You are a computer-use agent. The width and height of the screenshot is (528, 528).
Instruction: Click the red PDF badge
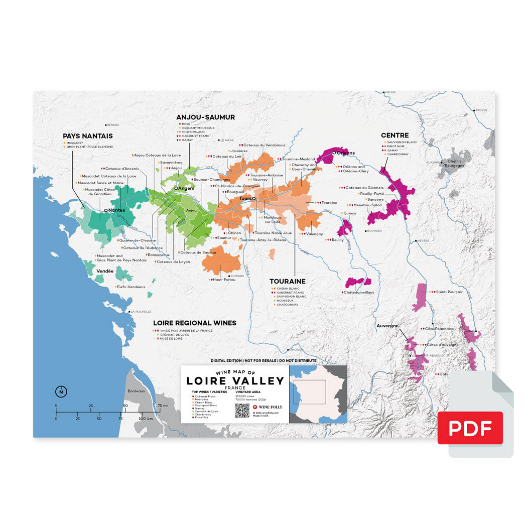[470, 428]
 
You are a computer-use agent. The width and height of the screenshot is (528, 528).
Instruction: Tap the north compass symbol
[60, 391]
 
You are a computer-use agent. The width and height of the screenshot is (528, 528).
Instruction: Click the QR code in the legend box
[242, 410]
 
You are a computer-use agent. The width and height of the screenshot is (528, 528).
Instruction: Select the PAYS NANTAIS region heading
[87, 136]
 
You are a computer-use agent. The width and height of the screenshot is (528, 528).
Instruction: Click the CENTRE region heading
[394, 135]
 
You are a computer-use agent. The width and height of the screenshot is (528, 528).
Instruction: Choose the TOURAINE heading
[287, 282]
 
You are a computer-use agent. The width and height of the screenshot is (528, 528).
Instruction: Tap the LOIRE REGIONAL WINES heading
[194, 323]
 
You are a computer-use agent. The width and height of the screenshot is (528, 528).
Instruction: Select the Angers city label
[186, 188]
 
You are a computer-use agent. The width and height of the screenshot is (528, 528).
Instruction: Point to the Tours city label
[245, 199]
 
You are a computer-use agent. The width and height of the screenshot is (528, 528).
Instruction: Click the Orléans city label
[345, 153]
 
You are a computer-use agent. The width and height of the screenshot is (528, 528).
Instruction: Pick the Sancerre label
[375, 199]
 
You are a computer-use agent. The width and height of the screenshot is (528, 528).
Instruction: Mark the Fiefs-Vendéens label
[130, 287]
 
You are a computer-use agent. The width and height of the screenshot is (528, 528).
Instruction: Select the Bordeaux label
[136, 390]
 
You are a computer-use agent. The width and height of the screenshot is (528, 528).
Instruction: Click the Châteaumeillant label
[358, 292]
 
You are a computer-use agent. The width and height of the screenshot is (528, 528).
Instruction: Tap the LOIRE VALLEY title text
[235, 381]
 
